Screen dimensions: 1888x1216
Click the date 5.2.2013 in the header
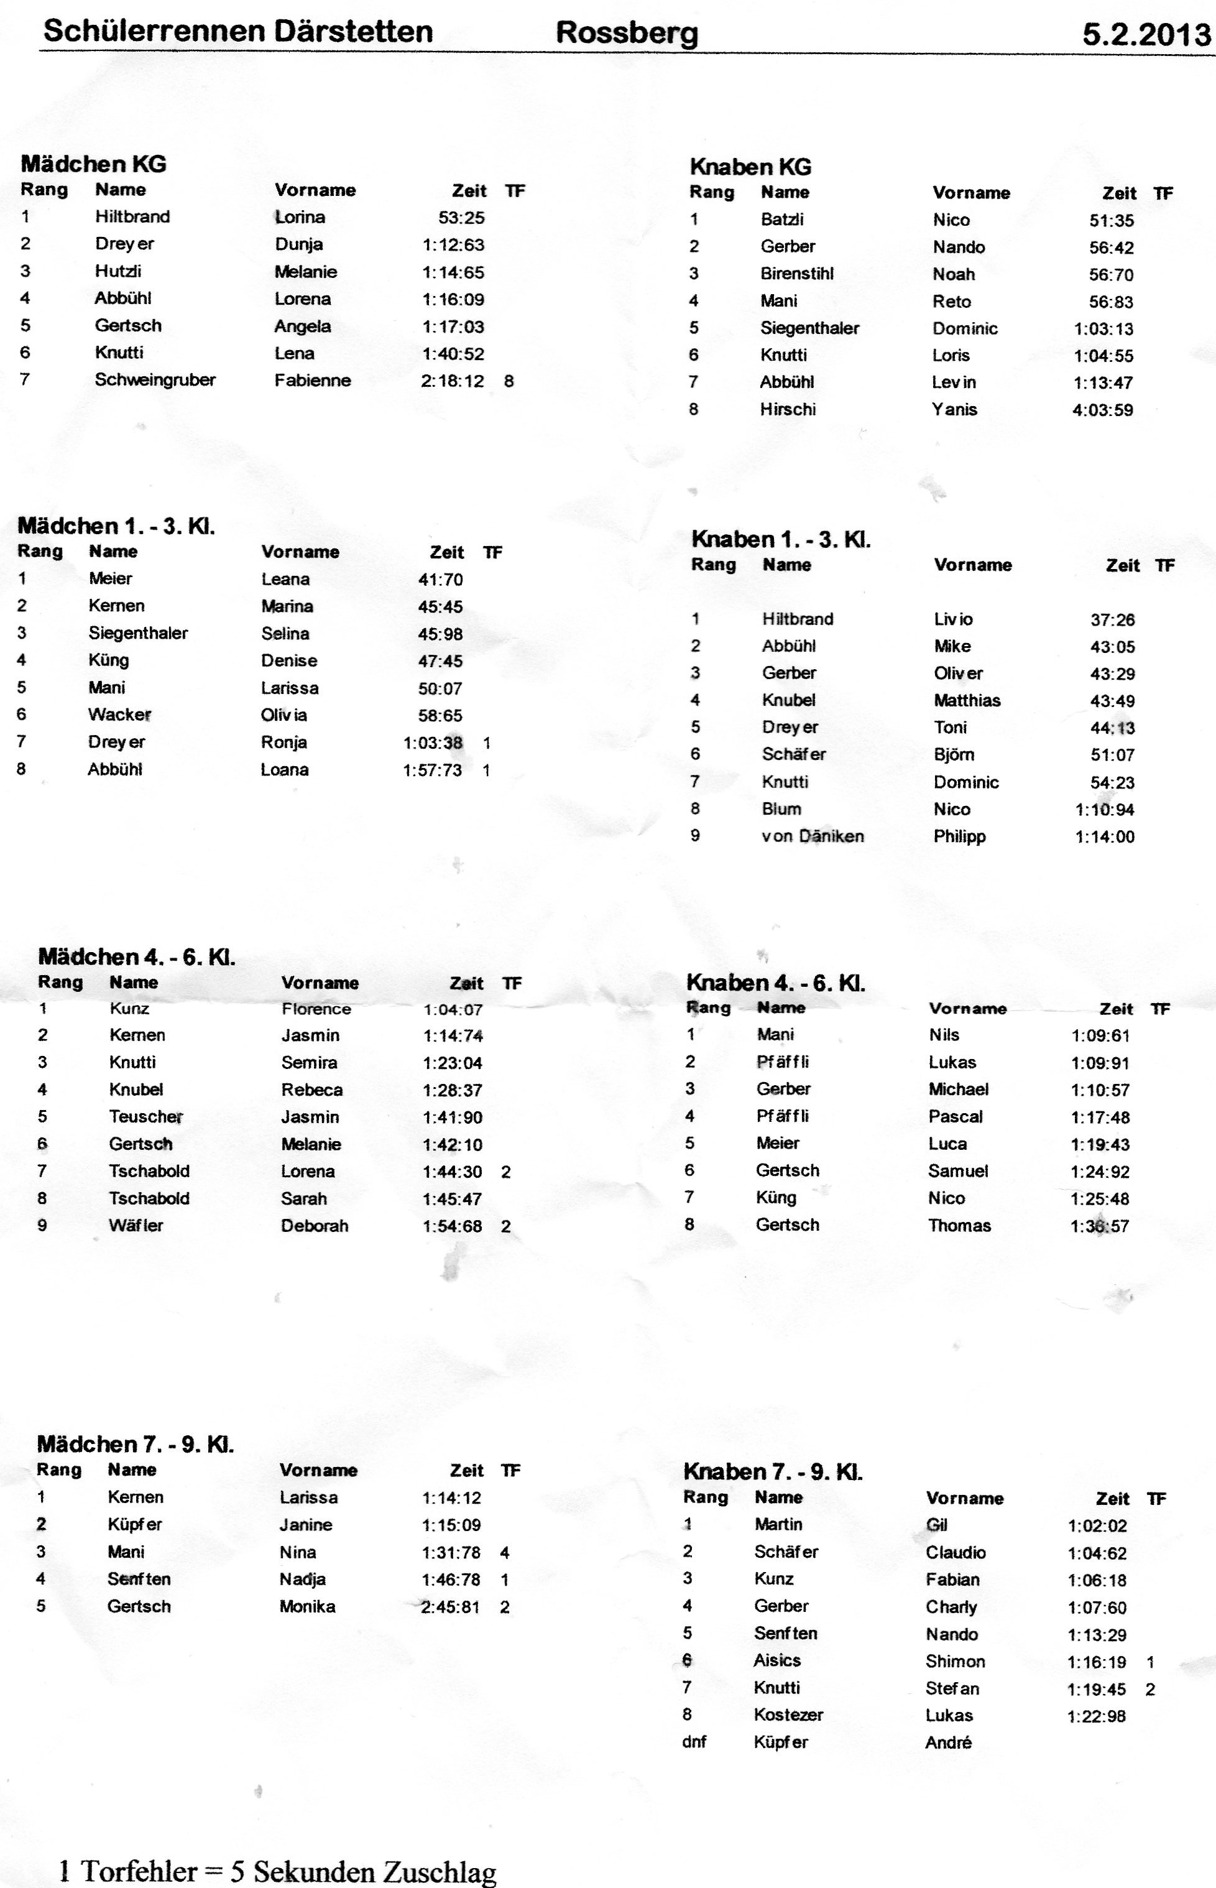click(x=1146, y=35)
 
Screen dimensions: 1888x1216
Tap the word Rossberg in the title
click(x=627, y=33)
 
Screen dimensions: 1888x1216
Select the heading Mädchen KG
click(x=93, y=164)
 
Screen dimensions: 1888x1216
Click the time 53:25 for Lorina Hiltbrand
click(x=461, y=218)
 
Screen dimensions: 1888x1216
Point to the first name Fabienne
click(x=313, y=381)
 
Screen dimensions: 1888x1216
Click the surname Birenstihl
click(x=797, y=274)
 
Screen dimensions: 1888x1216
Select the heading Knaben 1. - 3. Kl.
click(x=781, y=540)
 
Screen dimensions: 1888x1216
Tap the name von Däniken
click(x=813, y=836)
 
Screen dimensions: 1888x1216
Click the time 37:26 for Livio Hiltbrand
click(x=1113, y=621)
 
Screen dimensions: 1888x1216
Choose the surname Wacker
click(x=119, y=715)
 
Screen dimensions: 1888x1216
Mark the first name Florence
click(x=316, y=1009)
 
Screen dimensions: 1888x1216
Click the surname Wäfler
click(x=136, y=1226)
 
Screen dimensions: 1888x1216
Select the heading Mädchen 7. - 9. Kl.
click(x=135, y=1444)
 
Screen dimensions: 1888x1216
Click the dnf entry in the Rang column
click(x=694, y=1742)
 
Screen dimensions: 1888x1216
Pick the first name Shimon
click(x=956, y=1662)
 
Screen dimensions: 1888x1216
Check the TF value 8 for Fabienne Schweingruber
click(x=509, y=381)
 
